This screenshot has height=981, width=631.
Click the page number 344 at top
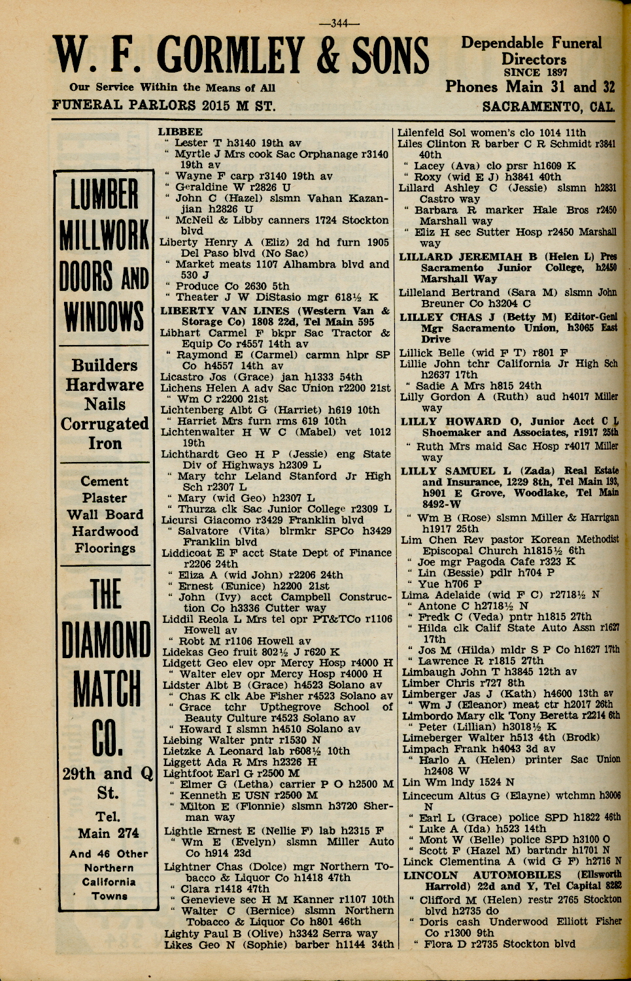339,24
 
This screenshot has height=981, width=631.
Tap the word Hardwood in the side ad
105,531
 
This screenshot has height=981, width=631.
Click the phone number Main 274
108,833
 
